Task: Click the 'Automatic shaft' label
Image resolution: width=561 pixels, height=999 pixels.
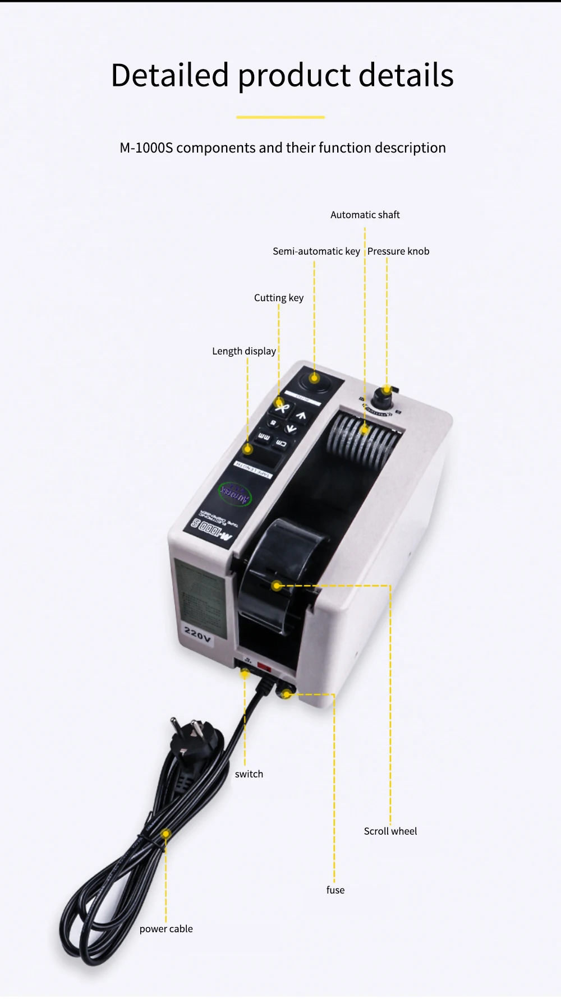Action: (x=365, y=215)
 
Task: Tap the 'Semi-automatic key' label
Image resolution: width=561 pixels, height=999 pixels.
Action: (x=316, y=251)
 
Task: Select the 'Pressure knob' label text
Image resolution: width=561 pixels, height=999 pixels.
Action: (x=398, y=251)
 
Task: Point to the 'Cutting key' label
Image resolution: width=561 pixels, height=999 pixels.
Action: (x=278, y=298)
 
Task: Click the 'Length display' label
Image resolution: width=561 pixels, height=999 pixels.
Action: (x=243, y=351)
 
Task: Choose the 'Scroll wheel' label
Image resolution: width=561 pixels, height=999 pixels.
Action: (x=390, y=831)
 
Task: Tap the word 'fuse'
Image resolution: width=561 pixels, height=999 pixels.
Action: (x=335, y=890)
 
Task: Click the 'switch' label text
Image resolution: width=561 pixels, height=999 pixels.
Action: (x=249, y=774)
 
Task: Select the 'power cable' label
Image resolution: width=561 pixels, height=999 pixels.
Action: (x=165, y=929)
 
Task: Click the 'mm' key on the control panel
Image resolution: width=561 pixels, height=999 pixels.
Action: (x=264, y=437)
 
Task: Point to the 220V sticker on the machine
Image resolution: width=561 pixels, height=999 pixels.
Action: (x=197, y=634)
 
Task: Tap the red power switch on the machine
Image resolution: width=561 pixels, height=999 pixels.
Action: (x=264, y=668)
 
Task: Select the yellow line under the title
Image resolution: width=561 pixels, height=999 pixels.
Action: (x=280, y=117)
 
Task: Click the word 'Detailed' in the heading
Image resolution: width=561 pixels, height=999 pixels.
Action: (x=170, y=75)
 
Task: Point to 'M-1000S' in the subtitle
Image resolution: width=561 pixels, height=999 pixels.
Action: (x=146, y=148)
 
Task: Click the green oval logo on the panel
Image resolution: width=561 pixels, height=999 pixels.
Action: (x=235, y=493)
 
